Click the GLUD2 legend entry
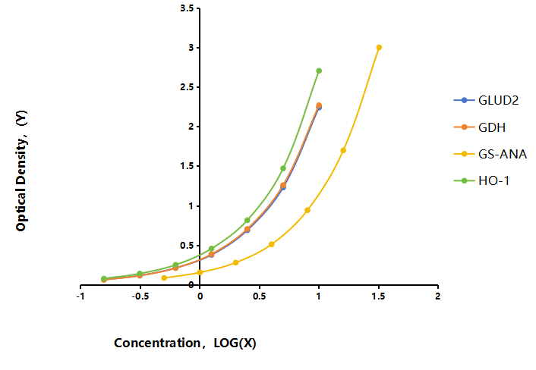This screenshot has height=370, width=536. pos(486,100)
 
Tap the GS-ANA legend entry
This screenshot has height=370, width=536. pos(490,154)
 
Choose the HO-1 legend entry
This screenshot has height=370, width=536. pos(481,180)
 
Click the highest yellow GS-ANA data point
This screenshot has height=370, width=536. pos(379,48)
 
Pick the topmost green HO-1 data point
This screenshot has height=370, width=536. pos(319,71)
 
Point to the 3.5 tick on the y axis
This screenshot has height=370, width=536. pos(187,8)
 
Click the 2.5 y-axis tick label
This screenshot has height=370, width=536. pos(187,87)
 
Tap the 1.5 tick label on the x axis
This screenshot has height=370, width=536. pos(378,296)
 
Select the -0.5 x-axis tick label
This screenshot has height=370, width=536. pos(140,296)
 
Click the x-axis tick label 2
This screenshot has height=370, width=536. pos(438,296)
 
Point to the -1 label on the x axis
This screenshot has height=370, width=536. pos(80,296)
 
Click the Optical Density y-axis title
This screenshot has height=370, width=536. pos(21,171)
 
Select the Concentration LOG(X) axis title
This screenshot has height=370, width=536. pos(185,343)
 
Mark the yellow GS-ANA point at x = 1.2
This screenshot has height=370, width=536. pos(343,150)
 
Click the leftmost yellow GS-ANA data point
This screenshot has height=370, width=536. pos(164,277)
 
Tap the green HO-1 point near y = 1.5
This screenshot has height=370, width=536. pos(283,168)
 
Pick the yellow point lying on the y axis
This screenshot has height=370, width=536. pos(200,272)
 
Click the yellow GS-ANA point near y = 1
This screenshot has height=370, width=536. pos(307,210)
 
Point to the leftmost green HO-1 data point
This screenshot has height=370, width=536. pos(104,278)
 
